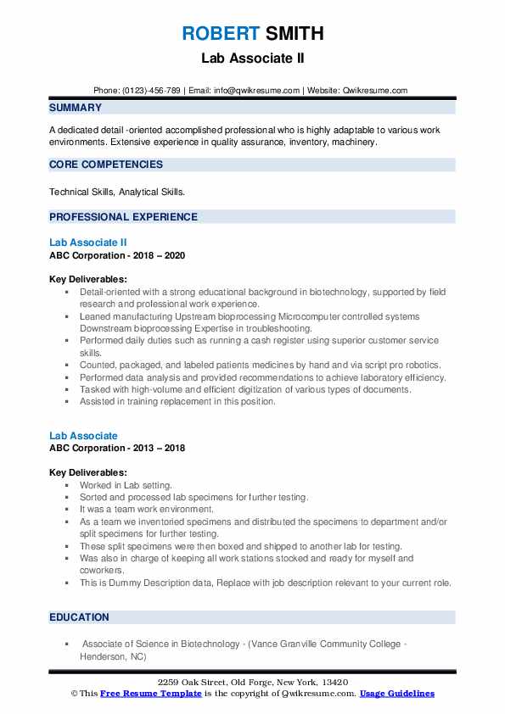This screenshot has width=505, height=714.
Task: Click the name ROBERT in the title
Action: tap(219, 34)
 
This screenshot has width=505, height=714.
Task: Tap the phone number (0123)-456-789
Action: tap(151, 90)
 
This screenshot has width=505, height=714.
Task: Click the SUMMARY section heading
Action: tap(76, 108)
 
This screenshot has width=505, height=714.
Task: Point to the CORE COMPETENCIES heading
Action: tap(106, 165)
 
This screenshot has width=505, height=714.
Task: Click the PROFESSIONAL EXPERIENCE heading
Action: tap(123, 216)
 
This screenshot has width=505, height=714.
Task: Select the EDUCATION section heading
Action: tap(79, 617)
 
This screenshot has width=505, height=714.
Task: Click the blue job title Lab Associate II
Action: tap(88, 243)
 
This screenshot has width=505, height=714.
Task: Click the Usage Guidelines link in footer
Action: tap(396, 694)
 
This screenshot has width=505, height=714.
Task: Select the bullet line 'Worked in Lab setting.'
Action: tap(120, 485)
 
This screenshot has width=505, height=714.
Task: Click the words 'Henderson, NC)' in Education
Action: tap(112, 655)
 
